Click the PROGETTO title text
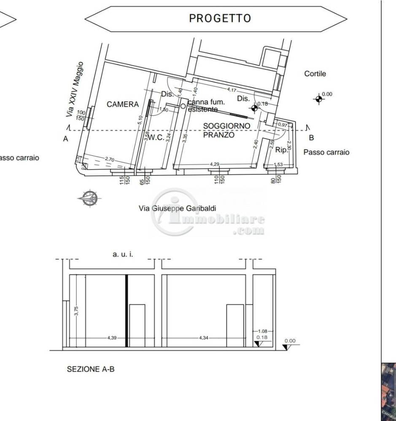click(220, 19)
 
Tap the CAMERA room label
click(122, 104)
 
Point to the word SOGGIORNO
click(226, 126)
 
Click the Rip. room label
click(281, 149)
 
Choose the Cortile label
click(315, 74)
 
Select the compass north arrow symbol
click(89, 197)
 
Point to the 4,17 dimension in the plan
click(232, 90)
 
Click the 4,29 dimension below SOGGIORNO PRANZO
click(215, 164)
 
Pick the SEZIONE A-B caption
click(91, 369)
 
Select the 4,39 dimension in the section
click(112, 338)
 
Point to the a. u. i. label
click(123, 254)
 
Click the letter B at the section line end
click(311, 138)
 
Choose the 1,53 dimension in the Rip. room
click(278, 165)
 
